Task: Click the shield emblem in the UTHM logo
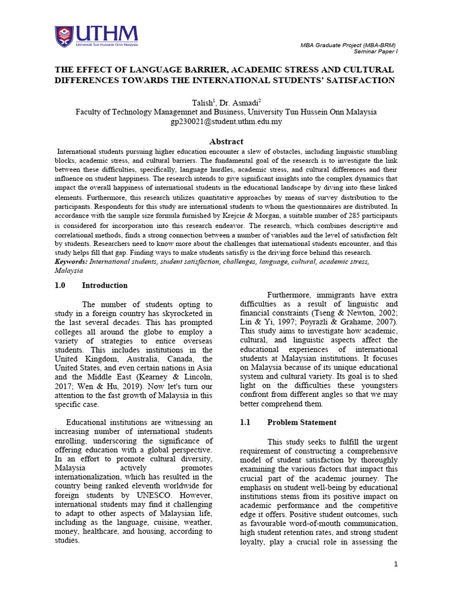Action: click(x=64, y=36)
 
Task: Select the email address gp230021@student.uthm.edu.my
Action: click(x=226, y=122)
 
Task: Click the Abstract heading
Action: click(x=226, y=142)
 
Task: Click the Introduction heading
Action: click(x=104, y=285)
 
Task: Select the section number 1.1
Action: click(x=245, y=422)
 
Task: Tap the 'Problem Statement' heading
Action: click(x=301, y=422)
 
